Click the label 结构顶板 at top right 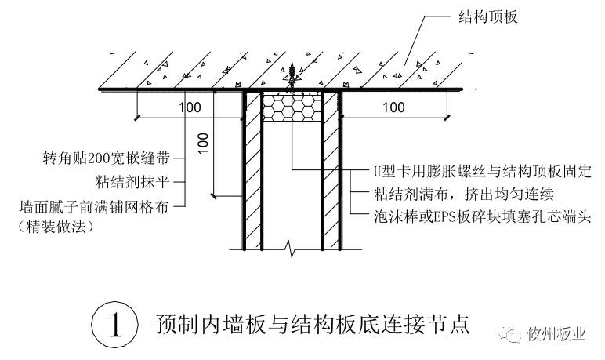487,16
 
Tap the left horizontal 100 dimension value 190,107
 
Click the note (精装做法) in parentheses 56,227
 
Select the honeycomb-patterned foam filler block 291,106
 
